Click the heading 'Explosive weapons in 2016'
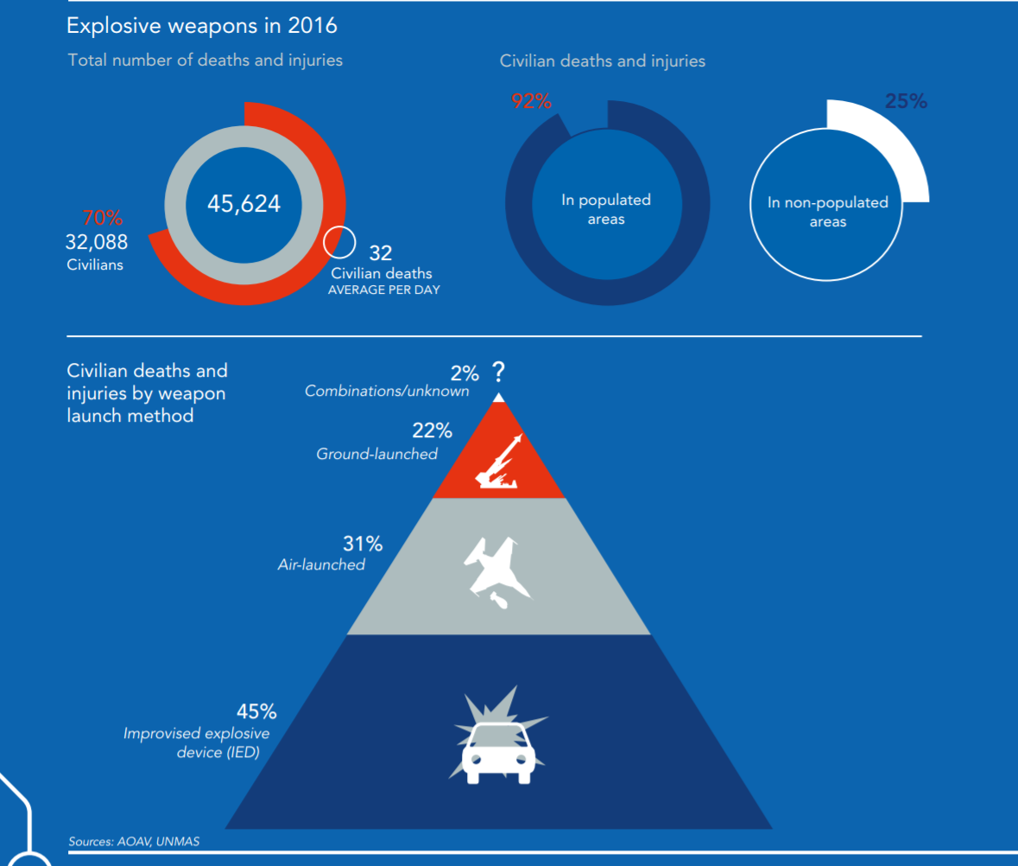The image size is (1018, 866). click(x=202, y=26)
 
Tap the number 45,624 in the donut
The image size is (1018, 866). click(x=243, y=204)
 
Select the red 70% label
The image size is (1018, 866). click(x=103, y=219)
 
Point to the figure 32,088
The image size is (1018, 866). click(x=97, y=242)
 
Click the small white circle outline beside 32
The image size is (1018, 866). click(x=339, y=241)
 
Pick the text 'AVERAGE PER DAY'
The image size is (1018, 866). click(x=383, y=290)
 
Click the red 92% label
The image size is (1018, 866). click(x=531, y=101)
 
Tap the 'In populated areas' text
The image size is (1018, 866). click(x=606, y=209)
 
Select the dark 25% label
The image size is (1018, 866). click(x=906, y=101)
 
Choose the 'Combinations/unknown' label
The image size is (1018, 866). click(x=387, y=391)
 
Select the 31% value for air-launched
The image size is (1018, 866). click(x=363, y=544)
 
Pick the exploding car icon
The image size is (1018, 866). click(x=497, y=735)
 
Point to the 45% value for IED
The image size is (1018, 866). click(x=256, y=711)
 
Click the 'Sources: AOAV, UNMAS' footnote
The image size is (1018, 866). click(x=134, y=840)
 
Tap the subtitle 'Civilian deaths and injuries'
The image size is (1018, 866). click(x=603, y=61)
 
